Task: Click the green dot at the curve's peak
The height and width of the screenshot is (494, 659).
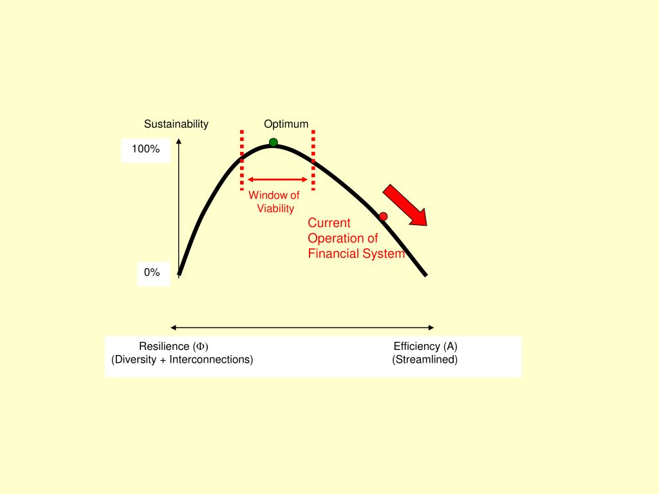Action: (274, 142)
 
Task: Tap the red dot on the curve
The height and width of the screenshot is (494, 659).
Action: (383, 216)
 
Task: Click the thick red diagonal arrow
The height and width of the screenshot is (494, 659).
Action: (405, 205)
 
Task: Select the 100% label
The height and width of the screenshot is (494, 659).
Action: (145, 149)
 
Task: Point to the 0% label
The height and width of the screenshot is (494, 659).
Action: (152, 273)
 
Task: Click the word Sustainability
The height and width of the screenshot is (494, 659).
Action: (176, 124)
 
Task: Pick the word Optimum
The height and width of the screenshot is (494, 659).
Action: (286, 124)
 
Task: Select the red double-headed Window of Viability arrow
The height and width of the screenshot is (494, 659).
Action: (278, 179)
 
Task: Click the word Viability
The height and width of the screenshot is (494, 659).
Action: (275, 208)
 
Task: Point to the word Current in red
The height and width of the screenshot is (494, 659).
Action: (329, 223)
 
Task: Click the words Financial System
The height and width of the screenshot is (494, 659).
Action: (356, 253)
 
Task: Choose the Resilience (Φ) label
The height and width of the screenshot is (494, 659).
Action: (174, 346)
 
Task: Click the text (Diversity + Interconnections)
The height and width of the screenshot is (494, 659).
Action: (182, 360)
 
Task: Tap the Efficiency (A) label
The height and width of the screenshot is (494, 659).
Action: (425, 346)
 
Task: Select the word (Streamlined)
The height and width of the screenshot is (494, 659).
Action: (425, 360)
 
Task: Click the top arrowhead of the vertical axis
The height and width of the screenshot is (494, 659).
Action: (179, 142)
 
